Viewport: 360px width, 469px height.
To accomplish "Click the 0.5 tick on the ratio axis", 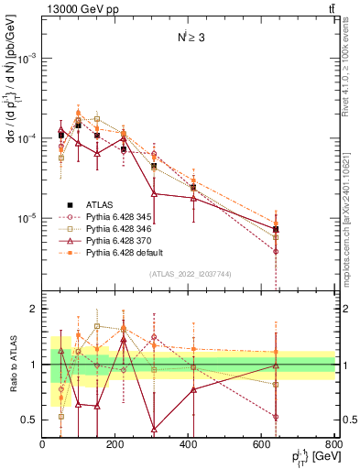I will point(30,420).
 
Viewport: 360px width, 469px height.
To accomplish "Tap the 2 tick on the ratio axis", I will point(34,310).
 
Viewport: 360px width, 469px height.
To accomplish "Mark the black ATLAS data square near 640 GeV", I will point(276,229).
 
